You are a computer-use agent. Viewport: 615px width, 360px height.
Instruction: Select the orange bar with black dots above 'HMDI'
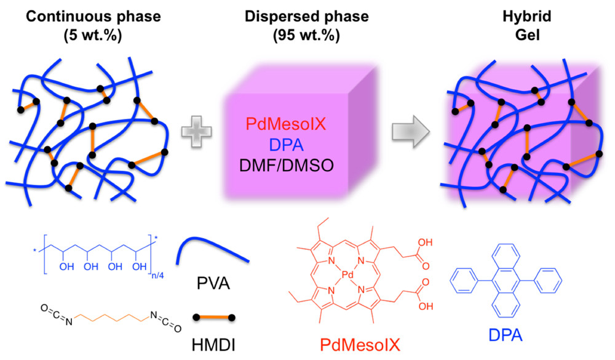213,318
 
